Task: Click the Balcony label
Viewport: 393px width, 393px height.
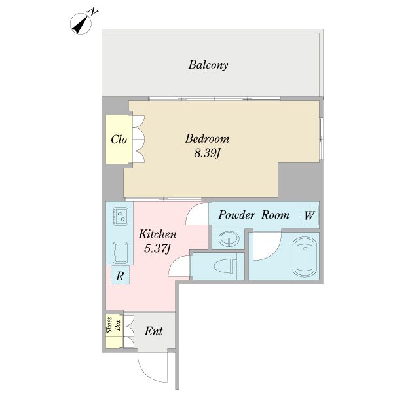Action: (x=208, y=65)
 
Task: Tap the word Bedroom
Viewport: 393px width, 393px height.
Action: (x=207, y=139)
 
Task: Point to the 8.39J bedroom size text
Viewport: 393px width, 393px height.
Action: (x=207, y=153)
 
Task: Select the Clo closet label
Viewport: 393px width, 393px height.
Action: (x=119, y=140)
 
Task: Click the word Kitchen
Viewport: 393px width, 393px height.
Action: (x=158, y=234)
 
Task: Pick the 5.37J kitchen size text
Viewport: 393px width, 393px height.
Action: (x=158, y=248)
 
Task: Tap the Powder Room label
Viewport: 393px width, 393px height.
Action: (x=254, y=215)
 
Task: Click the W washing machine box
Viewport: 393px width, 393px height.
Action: (x=309, y=215)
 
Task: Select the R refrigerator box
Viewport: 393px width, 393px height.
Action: (x=120, y=274)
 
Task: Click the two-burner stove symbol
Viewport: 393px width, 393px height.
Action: (x=120, y=216)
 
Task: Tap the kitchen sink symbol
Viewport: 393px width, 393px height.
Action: (x=120, y=253)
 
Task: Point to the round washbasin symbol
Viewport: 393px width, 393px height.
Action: (x=229, y=238)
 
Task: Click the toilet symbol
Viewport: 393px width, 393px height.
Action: (x=225, y=266)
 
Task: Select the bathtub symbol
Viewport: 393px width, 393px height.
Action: (x=305, y=256)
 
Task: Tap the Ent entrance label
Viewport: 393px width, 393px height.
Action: (x=153, y=331)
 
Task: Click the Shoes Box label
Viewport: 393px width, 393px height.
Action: (x=114, y=325)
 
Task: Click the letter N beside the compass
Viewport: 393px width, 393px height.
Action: (x=93, y=12)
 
